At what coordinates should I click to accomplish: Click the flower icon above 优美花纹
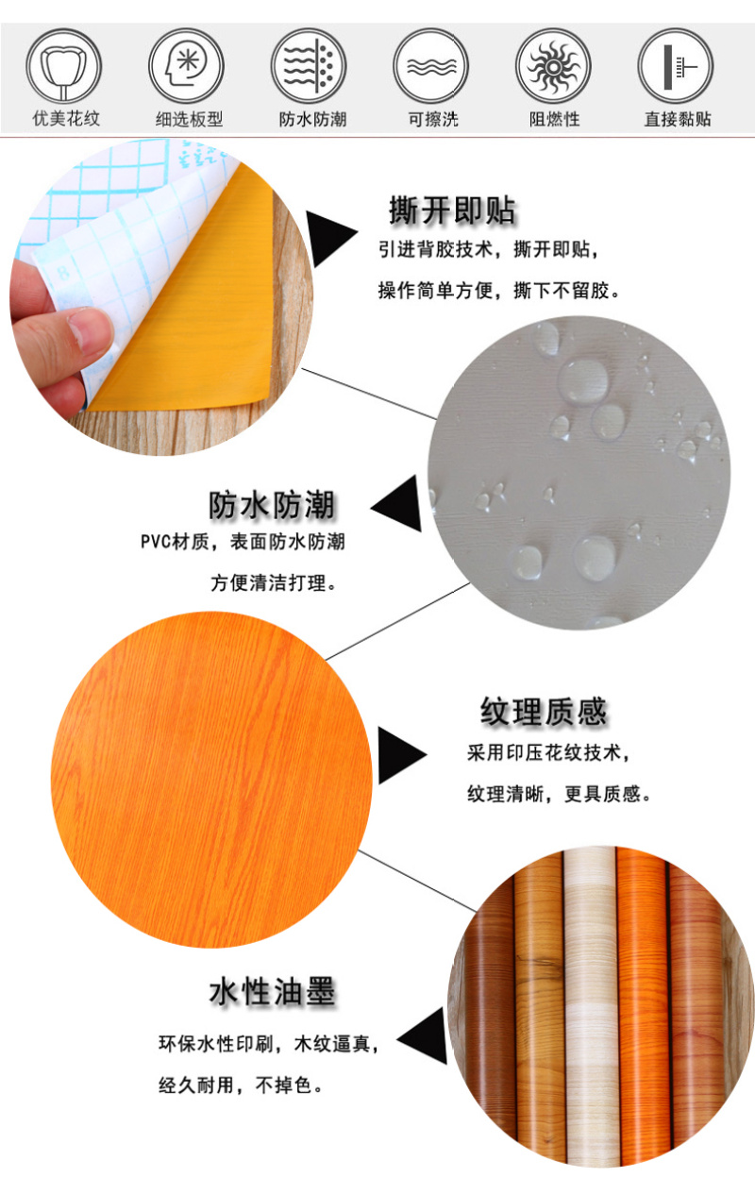(x=63, y=66)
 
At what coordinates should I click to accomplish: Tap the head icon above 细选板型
(x=186, y=66)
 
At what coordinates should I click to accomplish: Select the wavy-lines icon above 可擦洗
(x=430, y=66)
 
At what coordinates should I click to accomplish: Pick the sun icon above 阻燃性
(x=553, y=66)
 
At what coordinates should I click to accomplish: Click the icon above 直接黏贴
(x=676, y=66)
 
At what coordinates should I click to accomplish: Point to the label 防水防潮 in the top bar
(x=312, y=119)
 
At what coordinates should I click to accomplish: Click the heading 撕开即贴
(x=452, y=210)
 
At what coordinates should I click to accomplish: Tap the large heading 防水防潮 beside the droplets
(x=272, y=505)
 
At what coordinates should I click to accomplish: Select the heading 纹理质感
(x=544, y=712)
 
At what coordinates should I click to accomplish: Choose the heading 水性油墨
(x=273, y=992)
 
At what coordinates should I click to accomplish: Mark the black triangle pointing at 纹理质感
(x=401, y=755)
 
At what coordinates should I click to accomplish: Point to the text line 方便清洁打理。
(x=274, y=582)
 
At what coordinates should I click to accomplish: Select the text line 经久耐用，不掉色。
(x=242, y=1085)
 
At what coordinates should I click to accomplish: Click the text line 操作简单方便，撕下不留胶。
(x=499, y=290)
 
